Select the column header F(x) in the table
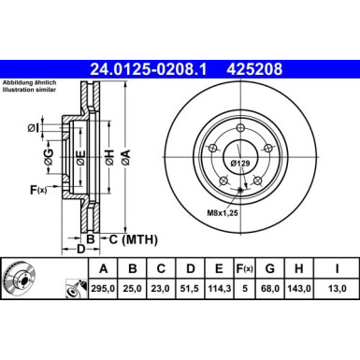(244, 269)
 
